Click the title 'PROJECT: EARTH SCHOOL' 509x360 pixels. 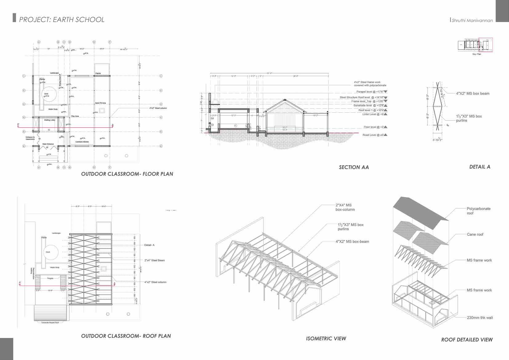[62, 20]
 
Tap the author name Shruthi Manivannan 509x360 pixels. [472, 21]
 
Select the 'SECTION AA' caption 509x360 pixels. [354, 167]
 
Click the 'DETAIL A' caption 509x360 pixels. [479, 167]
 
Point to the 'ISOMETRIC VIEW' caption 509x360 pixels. [326, 338]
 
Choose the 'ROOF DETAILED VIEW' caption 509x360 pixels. [467, 340]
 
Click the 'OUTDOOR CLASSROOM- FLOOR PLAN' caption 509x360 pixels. [127, 174]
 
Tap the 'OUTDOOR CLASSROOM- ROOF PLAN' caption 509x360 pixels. [126, 336]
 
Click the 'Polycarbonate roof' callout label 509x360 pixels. [478, 211]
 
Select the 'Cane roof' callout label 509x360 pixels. [475, 234]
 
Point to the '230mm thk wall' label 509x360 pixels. [479, 318]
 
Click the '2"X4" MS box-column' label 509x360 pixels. [345, 207]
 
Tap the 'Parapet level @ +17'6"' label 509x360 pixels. [370, 92]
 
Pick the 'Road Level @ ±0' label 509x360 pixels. [373, 135]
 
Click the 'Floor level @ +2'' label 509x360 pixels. [373, 127]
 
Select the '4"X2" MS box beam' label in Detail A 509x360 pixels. [472, 94]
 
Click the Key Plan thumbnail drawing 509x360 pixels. [475, 45]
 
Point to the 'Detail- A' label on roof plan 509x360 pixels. [149, 245]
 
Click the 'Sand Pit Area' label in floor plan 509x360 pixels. [100, 103]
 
